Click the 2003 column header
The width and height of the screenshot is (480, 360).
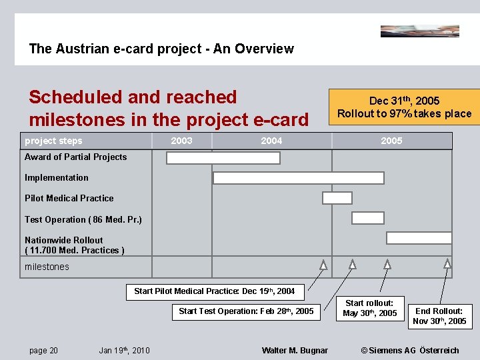181,141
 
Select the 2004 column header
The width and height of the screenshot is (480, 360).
271,141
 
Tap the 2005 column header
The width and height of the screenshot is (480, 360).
391,141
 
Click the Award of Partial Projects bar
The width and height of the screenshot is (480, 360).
223,158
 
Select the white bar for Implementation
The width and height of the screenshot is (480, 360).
298,178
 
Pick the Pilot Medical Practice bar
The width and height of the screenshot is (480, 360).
337,198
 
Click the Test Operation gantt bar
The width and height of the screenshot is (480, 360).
367,218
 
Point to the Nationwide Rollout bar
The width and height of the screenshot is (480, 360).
419,238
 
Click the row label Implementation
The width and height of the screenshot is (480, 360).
57,178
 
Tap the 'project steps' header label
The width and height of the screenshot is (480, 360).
53,141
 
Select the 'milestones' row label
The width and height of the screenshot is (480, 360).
47,267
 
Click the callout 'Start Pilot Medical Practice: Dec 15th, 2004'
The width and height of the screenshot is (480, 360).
215,291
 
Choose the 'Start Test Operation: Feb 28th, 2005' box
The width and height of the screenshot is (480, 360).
246,311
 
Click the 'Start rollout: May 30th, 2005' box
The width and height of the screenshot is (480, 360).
369,308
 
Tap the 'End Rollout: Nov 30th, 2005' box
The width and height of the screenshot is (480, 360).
439,316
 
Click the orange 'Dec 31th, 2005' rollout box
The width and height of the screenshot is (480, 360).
404,107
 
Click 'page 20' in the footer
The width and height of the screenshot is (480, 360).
43,351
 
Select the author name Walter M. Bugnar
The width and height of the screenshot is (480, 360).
295,351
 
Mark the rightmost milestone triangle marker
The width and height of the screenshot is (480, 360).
447,265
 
